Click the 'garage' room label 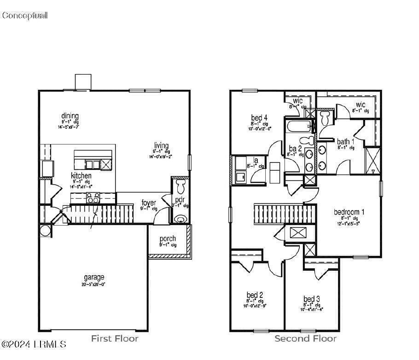[x=94, y=277]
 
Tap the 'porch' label [x=168, y=239]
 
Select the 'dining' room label [x=70, y=116]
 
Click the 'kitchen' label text [x=81, y=176]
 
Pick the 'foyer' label [x=149, y=203]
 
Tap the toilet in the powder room [x=180, y=186]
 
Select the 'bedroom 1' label [x=349, y=212]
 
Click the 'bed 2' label [x=255, y=295]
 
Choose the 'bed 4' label [x=259, y=118]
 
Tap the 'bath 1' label [x=345, y=142]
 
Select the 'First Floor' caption [x=115, y=339]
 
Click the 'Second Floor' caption [x=305, y=339]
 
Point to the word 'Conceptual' [x=24, y=16]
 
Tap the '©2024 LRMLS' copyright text [x=34, y=344]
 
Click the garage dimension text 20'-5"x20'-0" [x=94, y=285]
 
